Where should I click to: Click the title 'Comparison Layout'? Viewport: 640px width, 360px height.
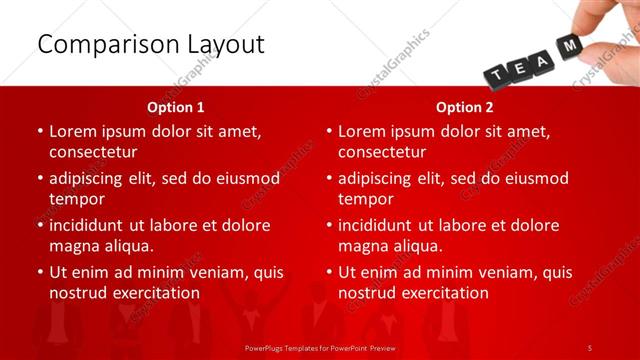coord(151,44)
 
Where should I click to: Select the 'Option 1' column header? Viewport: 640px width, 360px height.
coord(176,106)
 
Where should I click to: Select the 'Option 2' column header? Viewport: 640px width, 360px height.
coord(465,106)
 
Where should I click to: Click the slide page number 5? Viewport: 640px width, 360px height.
coord(590,347)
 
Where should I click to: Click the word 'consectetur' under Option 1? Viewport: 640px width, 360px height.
coord(93,152)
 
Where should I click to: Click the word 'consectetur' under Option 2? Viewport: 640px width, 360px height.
coord(382,152)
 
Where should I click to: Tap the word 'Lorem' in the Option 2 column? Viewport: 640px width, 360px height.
coord(363,131)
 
